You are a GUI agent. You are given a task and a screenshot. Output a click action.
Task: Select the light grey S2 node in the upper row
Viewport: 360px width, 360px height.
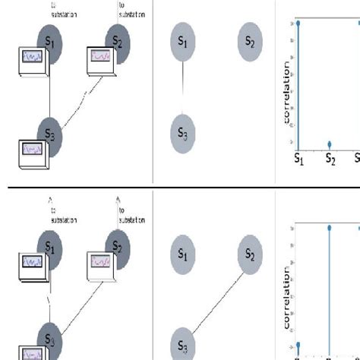[249, 43]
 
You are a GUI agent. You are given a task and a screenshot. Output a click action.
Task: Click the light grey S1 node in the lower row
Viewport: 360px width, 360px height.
[182, 254]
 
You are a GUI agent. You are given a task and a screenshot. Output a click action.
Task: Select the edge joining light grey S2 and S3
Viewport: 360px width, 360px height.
[216, 296]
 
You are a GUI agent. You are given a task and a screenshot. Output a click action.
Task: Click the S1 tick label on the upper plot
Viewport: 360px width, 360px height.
[298, 160]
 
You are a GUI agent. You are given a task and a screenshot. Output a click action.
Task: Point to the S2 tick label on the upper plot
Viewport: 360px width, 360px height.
[330, 160]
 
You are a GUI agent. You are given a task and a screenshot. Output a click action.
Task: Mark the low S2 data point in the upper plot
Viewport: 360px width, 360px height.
[330, 144]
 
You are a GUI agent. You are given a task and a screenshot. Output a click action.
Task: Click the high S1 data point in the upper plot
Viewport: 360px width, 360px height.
[298, 23]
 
